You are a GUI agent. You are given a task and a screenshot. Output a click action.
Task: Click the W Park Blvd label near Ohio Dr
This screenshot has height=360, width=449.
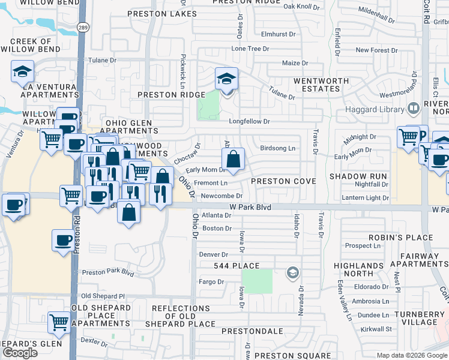point(247,206)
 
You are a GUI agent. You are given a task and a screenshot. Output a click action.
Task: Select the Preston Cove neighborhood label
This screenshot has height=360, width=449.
point(283,181)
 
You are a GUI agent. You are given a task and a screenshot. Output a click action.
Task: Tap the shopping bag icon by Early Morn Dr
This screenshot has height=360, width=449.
point(233,160)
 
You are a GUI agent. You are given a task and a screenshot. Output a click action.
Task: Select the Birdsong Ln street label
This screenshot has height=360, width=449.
point(278,148)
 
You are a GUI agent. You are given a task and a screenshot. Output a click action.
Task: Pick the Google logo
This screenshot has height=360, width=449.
point(20,353)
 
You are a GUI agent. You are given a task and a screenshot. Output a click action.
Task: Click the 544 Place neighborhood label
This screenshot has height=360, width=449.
point(237,266)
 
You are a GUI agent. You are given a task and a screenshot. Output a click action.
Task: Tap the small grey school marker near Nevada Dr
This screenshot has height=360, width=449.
point(292,273)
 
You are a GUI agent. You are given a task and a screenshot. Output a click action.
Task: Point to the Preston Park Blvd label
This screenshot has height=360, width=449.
point(108,272)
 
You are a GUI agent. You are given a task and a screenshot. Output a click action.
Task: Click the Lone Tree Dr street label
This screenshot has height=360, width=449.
point(250,49)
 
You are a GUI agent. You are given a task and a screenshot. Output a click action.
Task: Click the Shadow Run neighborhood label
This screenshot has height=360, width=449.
point(358,176)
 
